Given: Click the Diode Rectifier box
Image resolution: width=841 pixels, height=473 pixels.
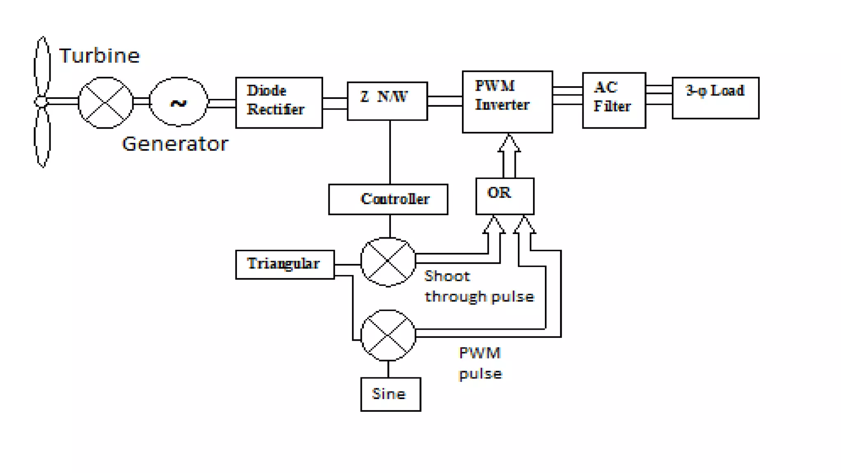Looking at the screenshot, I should [279, 103].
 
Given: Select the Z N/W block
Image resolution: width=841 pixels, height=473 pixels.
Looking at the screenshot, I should [387, 101].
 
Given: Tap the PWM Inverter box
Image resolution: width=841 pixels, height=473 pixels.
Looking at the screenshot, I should [507, 102].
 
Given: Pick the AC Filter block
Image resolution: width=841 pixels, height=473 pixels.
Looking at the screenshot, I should [614, 101].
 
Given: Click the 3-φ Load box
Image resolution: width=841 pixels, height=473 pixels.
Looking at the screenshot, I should [715, 98].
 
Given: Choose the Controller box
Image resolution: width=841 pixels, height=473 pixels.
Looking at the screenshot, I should [388, 199].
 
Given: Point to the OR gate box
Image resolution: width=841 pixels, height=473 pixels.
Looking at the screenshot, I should [505, 196].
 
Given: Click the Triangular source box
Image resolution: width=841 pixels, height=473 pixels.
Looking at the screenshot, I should [285, 264].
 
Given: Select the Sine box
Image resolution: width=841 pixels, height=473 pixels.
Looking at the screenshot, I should [391, 394].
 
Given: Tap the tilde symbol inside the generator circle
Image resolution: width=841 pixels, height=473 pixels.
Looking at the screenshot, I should [179, 103].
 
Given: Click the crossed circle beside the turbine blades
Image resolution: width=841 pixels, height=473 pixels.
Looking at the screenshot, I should [106, 103].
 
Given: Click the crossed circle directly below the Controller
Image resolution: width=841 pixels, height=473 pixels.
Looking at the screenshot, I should [388, 262].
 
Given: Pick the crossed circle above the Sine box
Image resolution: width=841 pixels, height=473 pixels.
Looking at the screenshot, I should [388, 335].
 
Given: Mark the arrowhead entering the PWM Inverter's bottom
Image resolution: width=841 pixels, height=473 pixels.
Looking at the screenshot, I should [509, 143].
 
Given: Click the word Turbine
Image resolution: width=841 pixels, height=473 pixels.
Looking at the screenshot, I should [99, 56].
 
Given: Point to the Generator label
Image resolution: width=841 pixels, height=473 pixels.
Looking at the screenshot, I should [175, 144].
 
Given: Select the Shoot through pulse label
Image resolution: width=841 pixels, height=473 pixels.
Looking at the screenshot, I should [479, 286].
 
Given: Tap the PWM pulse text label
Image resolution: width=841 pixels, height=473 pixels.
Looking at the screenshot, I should [480, 363].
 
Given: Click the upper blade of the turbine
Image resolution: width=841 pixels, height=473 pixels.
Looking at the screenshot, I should [42, 66].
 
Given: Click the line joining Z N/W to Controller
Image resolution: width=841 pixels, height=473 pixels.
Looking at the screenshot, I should [390, 152].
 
